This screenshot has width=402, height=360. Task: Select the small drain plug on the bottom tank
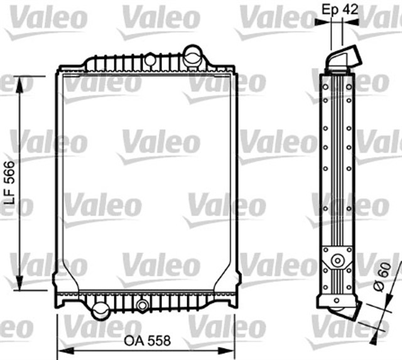(x=143, y=306)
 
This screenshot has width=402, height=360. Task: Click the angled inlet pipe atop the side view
(x=345, y=60)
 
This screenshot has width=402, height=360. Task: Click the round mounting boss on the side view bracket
(x=337, y=260)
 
